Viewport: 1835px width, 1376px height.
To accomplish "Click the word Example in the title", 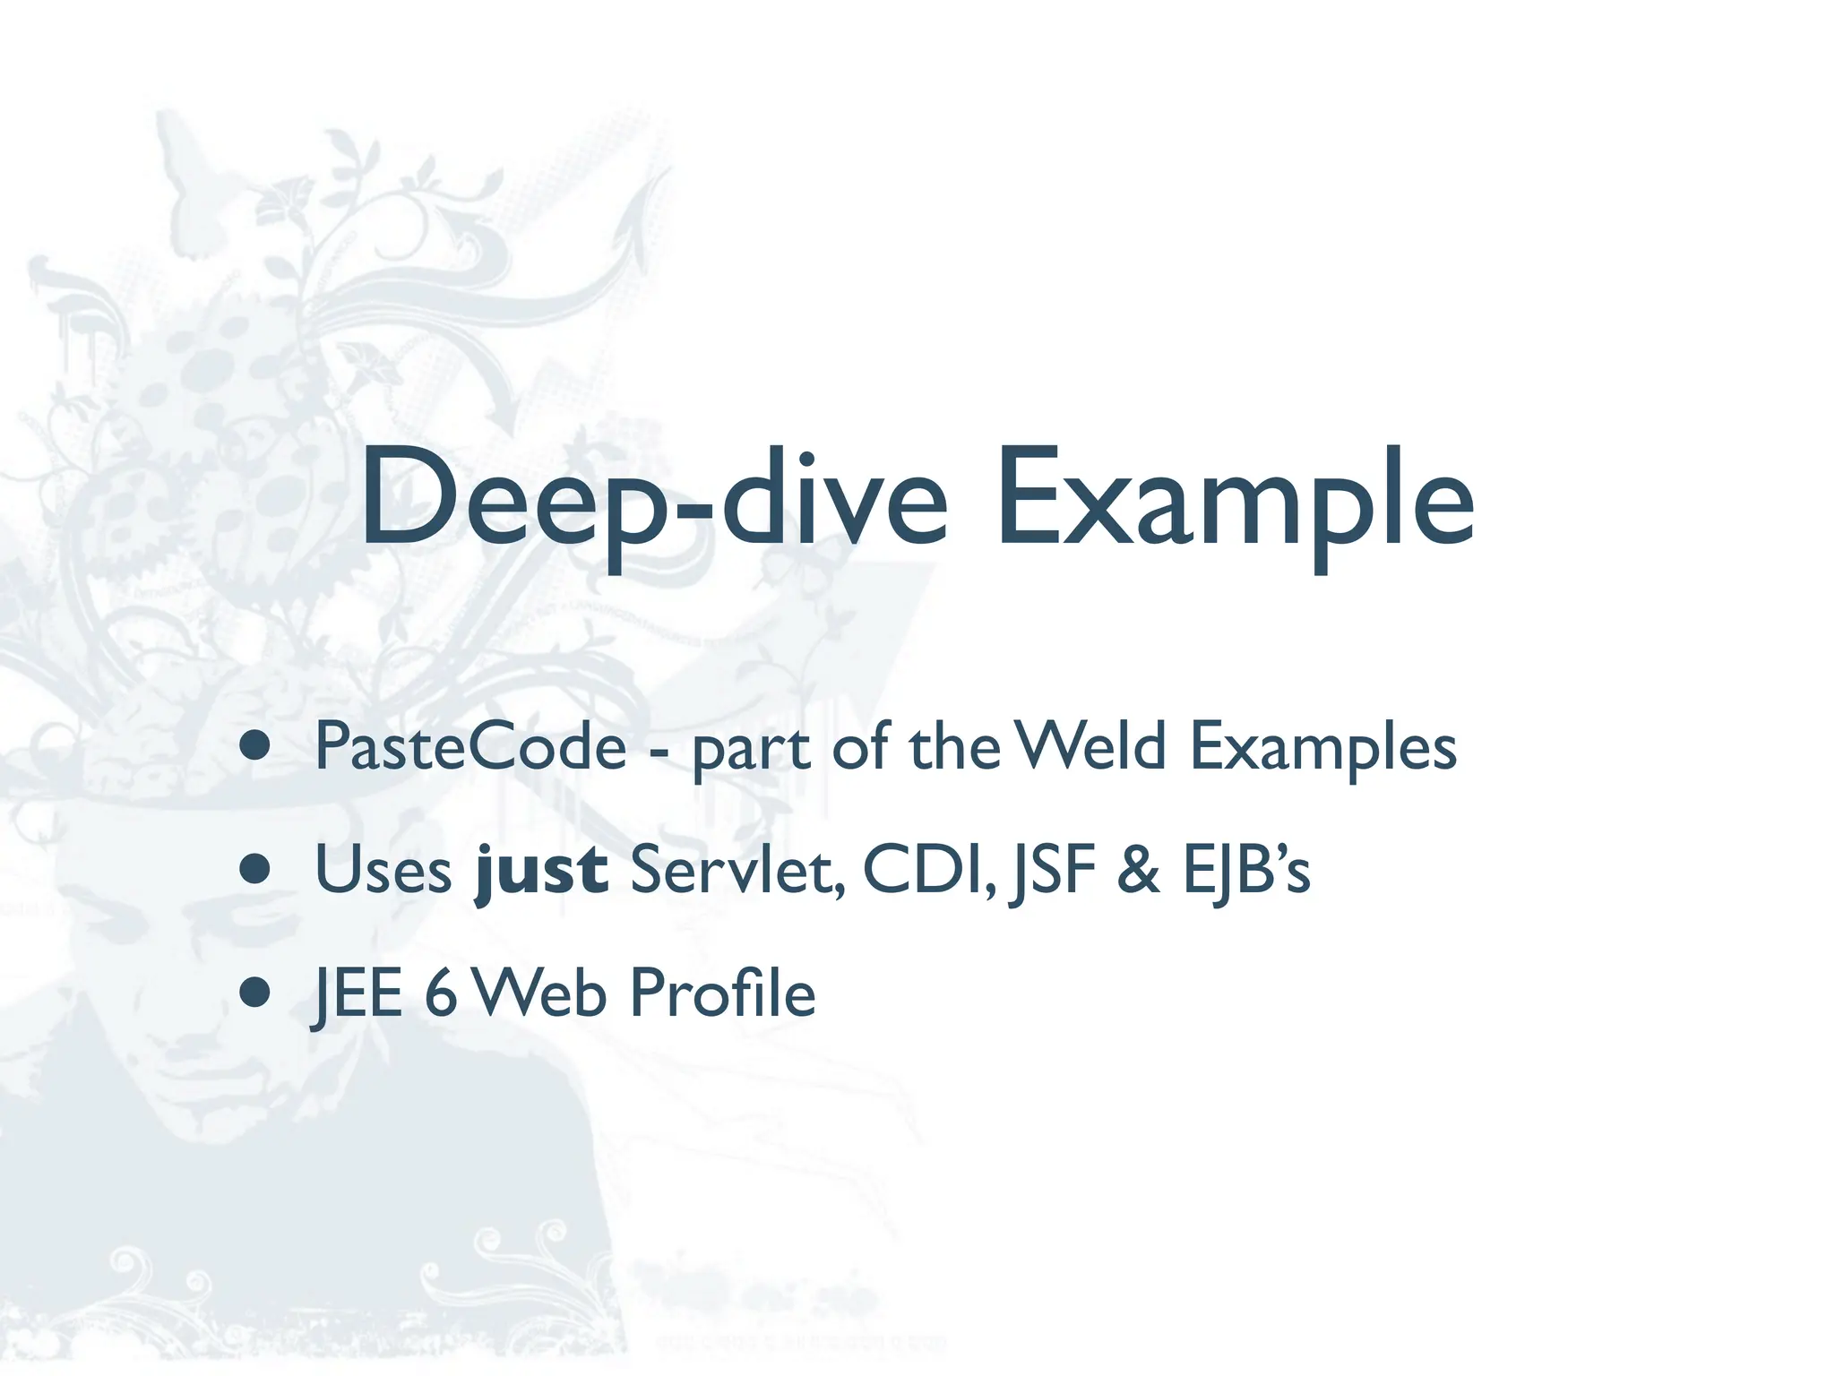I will [1235, 498].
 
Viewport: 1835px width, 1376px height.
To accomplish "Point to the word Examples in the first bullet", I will [1322, 748].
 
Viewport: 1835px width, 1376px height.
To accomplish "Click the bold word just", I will [542, 871].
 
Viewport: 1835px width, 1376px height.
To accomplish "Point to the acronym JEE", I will [358, 993].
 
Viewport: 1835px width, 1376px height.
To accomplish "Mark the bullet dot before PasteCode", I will [255, 746].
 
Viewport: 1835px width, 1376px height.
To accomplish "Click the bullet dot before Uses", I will [255, 869].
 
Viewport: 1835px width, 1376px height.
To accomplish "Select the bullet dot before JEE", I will [255, 993].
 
